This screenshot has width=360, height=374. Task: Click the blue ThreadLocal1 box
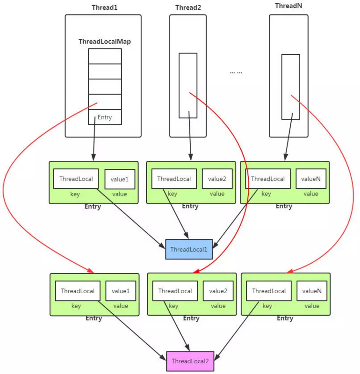pos(189,249)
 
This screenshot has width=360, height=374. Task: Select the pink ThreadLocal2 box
pos(190,361)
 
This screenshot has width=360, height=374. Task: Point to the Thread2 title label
pos(187,7)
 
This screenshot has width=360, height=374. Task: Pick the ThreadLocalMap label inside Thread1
pos(105,42)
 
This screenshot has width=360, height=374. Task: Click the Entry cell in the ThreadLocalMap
pos(105,117)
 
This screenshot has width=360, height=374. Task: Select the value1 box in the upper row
pos(120,179)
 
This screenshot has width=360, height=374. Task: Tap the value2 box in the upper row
pos(217,179)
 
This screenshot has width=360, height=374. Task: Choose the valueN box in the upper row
pos(311,179)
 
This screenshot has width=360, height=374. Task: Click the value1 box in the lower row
pos(121,291)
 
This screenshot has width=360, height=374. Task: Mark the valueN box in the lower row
pos(312,291)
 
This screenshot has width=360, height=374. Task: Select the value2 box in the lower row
pos(218,291)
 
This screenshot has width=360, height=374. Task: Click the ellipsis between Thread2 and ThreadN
pos(236,73)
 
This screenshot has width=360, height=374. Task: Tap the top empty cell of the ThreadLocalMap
pos(105,56)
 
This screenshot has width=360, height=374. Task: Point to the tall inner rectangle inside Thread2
pos(188,86)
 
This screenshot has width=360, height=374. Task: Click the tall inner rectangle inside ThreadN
pos(290,87)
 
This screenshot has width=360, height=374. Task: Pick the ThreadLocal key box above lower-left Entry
pos(77,291)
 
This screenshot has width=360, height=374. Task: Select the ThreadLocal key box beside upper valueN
pos(268,179)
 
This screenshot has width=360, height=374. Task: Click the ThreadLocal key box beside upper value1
pos(76,179)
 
